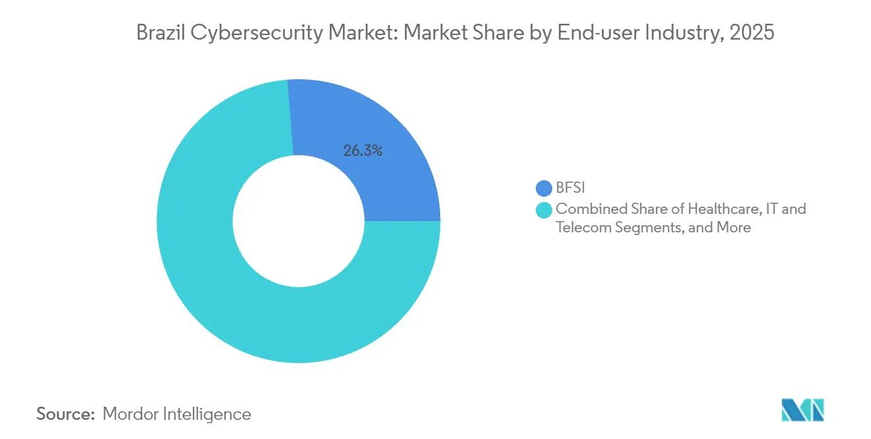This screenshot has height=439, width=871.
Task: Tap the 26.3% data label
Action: point(363,151)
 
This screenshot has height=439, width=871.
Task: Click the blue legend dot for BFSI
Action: point(544,189)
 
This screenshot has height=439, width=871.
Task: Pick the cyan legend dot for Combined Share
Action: point(544,210)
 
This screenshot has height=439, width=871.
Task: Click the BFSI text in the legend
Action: point(571,189)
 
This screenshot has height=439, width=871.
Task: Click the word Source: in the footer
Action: point(65,415)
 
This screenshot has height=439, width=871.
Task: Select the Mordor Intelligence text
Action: point(177,415)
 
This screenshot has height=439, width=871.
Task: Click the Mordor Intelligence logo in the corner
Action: point(802,410)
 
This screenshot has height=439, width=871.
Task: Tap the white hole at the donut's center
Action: point(298,221)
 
